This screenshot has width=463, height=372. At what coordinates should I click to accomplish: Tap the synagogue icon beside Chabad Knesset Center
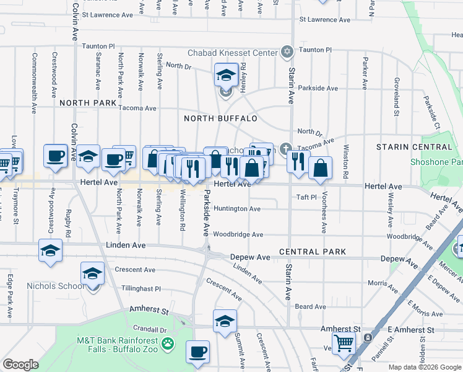pos(287,53)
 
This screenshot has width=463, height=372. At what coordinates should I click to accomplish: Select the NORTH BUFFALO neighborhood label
pos(220,118)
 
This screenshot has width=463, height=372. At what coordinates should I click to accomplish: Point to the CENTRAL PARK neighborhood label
pos(312,252)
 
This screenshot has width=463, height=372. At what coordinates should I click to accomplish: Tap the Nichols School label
pos(54,286)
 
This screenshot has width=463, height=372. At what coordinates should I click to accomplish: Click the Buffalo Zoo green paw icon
pos(167,342)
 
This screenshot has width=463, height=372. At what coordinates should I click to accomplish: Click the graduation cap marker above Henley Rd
pos(226,75)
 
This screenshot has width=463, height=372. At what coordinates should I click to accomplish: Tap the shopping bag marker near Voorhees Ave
pos(320,167)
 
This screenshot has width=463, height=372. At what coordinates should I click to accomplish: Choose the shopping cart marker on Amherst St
pos(344,342)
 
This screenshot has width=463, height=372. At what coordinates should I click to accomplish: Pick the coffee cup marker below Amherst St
pos(197,352)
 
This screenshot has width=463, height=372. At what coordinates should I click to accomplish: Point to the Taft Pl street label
pos(306,197)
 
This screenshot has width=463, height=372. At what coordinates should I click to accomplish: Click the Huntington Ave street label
pos(236,209)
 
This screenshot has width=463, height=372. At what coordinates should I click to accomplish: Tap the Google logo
pos(20,365)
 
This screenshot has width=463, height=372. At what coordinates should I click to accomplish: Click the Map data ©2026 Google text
pos(424,367)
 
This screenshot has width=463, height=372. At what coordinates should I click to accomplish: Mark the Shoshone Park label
pos(436,162)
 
